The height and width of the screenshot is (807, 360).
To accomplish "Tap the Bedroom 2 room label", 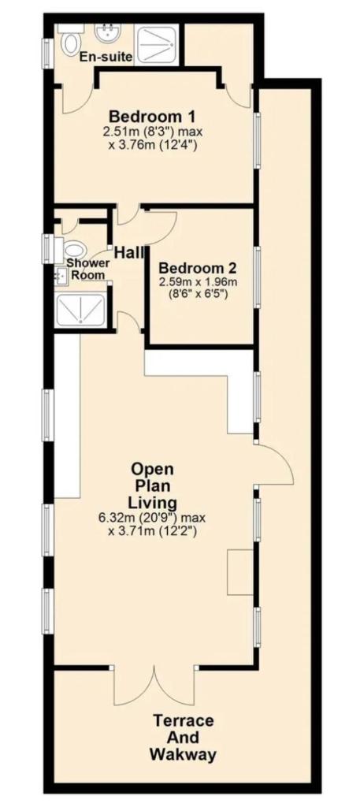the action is tap(198, 268).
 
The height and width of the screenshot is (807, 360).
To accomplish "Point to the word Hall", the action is tap(129, 253).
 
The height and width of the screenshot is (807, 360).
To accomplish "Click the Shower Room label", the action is tap(91, 269).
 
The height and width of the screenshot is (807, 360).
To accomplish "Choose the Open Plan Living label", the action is tap(153, 485).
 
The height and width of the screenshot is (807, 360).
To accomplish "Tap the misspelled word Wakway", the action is tap(183, 755).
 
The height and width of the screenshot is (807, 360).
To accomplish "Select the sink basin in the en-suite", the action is tap(108, 34).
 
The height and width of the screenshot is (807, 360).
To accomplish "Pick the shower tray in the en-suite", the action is tap(156, 44).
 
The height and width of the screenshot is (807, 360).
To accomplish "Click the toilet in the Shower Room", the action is tap(72, 251).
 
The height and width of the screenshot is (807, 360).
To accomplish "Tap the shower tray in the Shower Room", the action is tap(81, 309).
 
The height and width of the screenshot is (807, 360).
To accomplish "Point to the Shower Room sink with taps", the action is tap(61, 277).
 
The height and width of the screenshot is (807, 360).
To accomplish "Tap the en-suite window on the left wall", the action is tap(47, 53).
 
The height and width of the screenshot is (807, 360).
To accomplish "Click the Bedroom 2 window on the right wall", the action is tap(257, 277).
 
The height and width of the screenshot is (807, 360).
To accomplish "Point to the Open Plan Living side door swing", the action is tap(274, 463).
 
